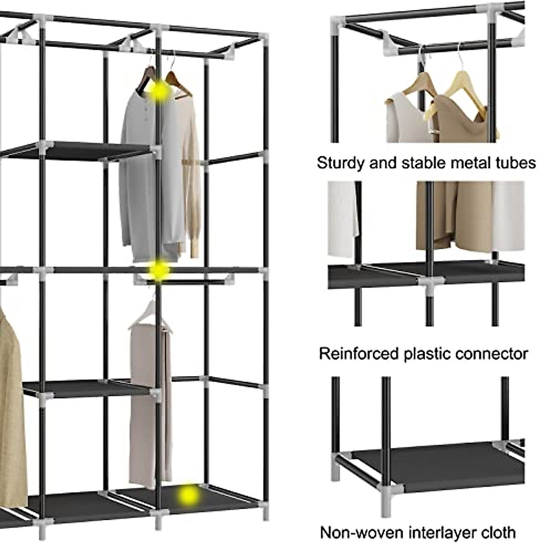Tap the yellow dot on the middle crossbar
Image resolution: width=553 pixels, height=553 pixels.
pyautogui.click(x=159, y=270)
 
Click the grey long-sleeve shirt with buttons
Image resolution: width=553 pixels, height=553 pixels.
pyautogui.click(x=138, y=175)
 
